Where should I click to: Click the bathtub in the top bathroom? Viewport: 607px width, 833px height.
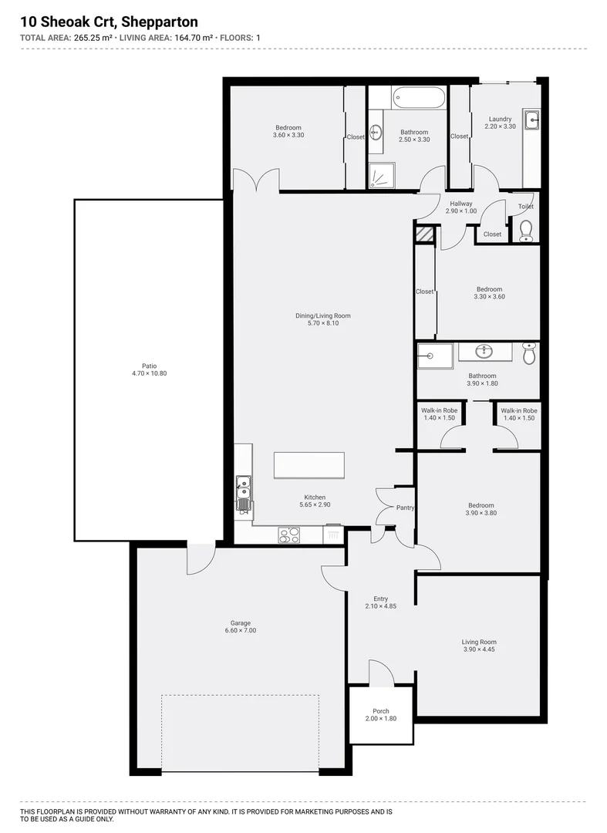click(419, 98)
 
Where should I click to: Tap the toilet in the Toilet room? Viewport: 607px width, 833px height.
click(527, 231)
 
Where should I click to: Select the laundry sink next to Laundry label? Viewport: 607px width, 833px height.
click(531, 120)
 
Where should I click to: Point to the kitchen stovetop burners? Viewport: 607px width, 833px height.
click(288, 534)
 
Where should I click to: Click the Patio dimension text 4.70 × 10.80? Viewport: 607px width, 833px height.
click(150, 373)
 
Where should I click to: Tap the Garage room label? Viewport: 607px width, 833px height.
click(240, 623)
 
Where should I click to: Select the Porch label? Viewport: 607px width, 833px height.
click(380, 711)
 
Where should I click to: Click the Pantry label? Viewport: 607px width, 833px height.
click(405, 508)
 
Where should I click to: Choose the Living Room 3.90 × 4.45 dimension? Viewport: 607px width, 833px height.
click(479, 649)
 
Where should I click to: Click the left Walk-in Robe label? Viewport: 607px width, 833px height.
click(440, 410)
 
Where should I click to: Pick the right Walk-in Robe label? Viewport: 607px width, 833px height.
click(518, 410)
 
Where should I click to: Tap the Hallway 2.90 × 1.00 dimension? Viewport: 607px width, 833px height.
click(460, 211)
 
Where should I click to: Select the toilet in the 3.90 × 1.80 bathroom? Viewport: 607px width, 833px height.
click(528, 353)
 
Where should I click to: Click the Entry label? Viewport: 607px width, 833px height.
click(380, 599)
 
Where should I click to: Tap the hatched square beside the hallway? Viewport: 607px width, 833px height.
click(424, 234)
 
